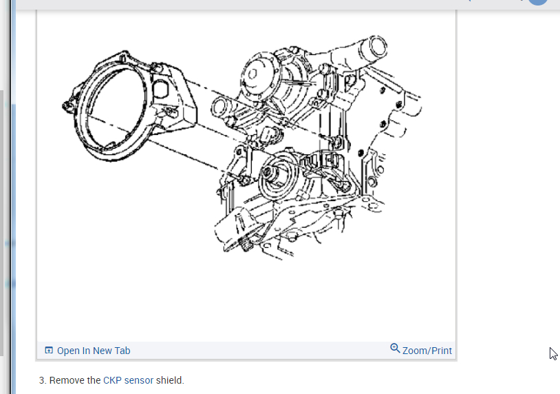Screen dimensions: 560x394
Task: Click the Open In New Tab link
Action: click(x=94, y=351)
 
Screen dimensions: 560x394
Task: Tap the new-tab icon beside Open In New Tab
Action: click(x=49, y=351)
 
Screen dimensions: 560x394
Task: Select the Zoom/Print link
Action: click(x=427, y=351)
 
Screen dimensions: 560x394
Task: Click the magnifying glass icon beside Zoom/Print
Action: click(x=395, y=349)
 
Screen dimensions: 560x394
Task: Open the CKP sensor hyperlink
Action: click(x=128, y=380)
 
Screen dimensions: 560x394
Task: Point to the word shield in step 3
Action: click(x=170, y=380)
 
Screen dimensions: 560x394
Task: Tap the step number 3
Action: click(x=43, y=380)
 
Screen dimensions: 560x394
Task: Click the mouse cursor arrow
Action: click(x=553, y=353)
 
